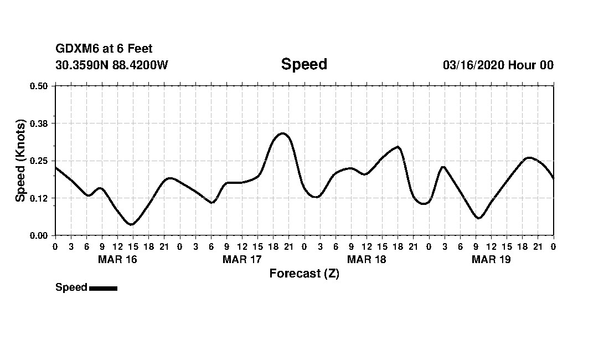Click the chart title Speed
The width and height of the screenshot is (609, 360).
click(x=304, y=64)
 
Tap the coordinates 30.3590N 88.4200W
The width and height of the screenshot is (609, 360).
click(x=112, y=65)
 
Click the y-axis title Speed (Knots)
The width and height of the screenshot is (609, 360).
click(x=20, y=161)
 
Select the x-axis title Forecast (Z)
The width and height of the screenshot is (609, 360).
click(x=304, y=274)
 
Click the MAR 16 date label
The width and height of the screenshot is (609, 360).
click(x=117, y=259)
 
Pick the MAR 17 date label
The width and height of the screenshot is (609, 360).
click(x=241, y=259)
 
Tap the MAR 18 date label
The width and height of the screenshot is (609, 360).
click(x=366, y=259)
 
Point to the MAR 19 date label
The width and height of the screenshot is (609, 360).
click(x=491, y=259)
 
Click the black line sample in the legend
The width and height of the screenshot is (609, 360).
click(x=103, y=288)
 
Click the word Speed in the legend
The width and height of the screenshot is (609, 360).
click(x=71, y=287)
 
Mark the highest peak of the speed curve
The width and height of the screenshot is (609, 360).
click(x=282, y=133)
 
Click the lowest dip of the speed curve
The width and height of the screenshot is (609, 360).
click(x=131, y=224)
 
